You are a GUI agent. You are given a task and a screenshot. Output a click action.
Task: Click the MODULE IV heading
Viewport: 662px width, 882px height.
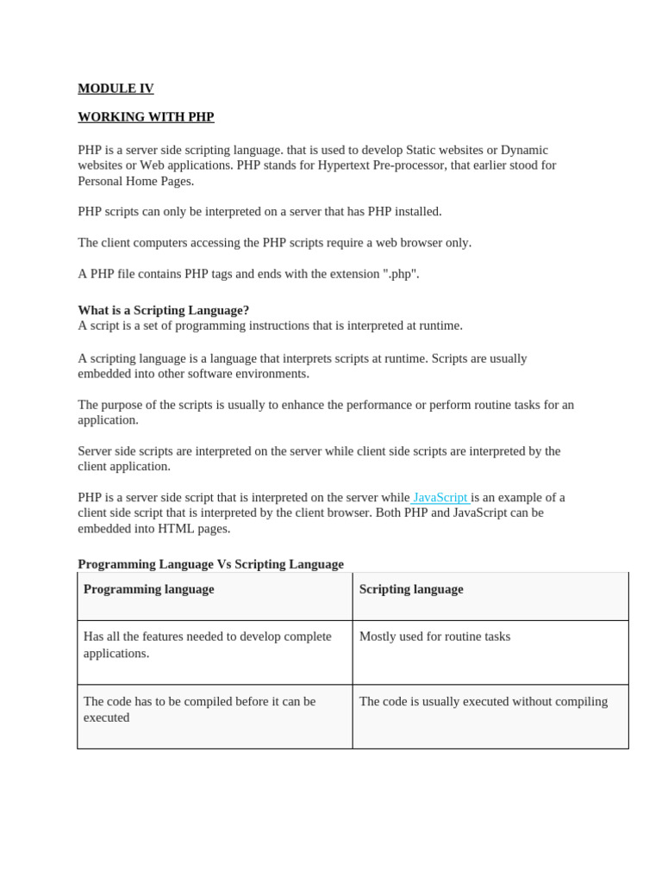coord(116,88)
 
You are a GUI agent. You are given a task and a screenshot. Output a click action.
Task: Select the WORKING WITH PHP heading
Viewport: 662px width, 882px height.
coord(146,117)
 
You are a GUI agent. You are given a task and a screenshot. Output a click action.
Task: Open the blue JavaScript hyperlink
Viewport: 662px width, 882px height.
coord(440,497)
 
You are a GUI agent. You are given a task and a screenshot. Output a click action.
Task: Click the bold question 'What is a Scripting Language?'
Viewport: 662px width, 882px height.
coord(163,310)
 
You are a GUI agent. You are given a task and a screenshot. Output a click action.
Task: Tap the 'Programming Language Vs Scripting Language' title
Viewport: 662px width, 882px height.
coord(210,564)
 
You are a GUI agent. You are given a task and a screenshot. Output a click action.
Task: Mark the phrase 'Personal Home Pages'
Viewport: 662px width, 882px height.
coord(135,181)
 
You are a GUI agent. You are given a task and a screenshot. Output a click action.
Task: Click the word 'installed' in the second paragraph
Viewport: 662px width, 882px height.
coord(415,212)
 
